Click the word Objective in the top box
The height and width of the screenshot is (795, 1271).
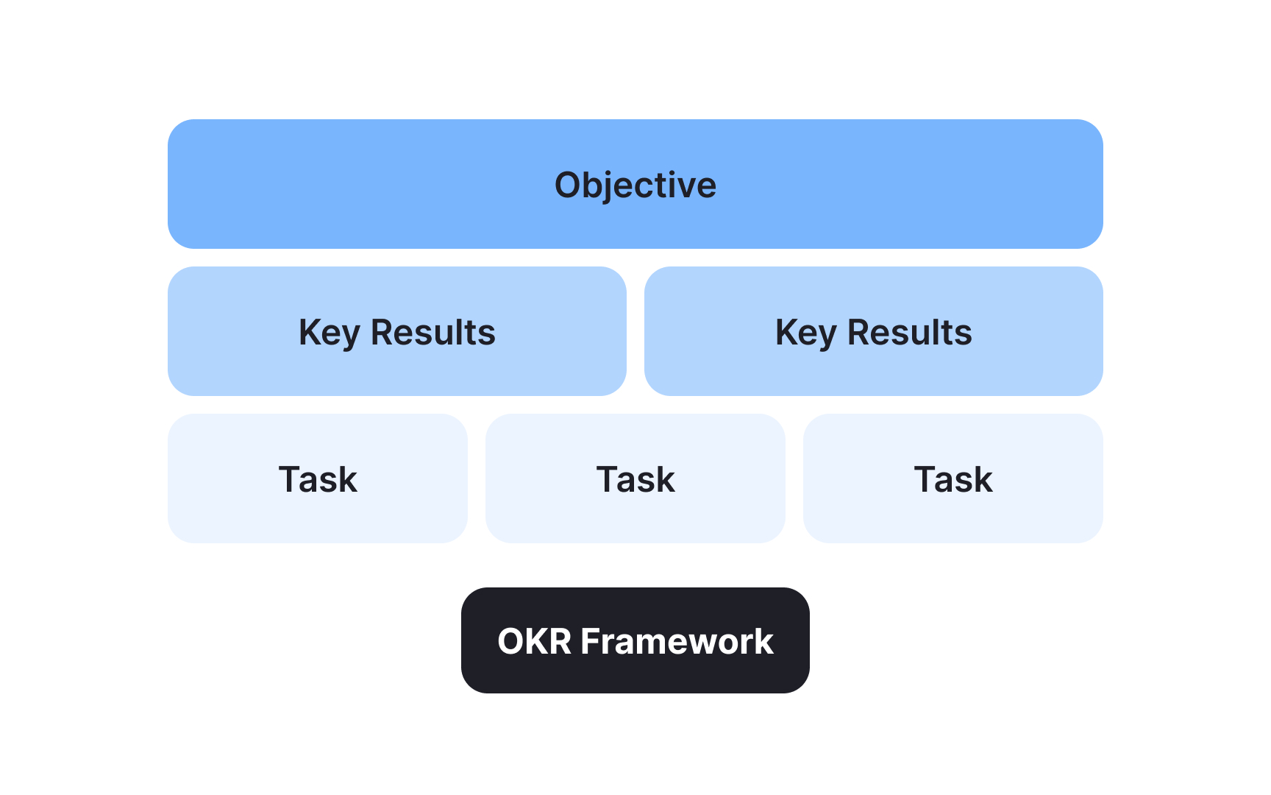click(x=635, y=185)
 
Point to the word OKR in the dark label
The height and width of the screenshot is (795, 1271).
click(x=535, y=641)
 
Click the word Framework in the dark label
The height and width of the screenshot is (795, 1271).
click(x=677, y=641)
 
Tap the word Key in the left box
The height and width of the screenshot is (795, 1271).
click(x=329, y=333)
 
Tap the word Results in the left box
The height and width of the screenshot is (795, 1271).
click(x=433, y=333)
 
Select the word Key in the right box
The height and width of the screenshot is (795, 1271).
click(x=805, y=333)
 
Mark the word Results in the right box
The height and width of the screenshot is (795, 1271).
click(x=910, y=333)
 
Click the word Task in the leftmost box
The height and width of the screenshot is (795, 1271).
click(x=318, y=480)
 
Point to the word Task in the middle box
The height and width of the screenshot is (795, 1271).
click(x=635, y=480)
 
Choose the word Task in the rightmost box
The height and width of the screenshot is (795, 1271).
click(x=953, y=480)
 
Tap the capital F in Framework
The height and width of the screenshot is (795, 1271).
click(x=590, y=641)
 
